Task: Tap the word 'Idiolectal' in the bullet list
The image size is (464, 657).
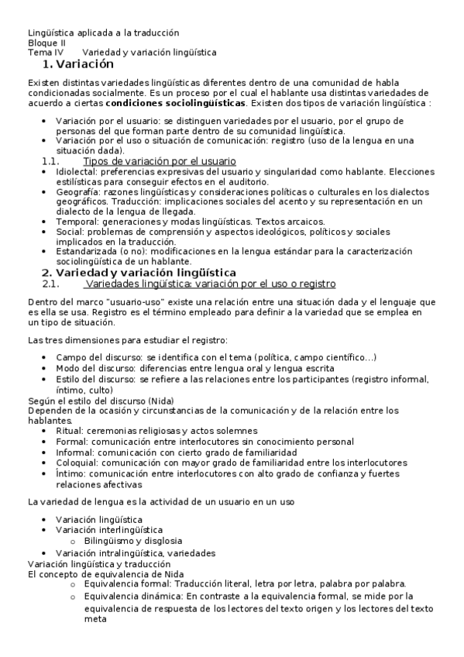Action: tap(76, 170)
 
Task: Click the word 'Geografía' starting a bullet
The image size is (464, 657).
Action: tap(77, 191)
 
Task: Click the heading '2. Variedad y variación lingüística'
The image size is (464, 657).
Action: tap(139, 273)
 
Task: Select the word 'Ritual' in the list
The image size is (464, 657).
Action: tap(69, 431)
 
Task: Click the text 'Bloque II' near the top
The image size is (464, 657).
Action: tap(46, 43)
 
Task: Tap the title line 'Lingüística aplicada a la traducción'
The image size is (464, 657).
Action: tap(103, 33)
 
